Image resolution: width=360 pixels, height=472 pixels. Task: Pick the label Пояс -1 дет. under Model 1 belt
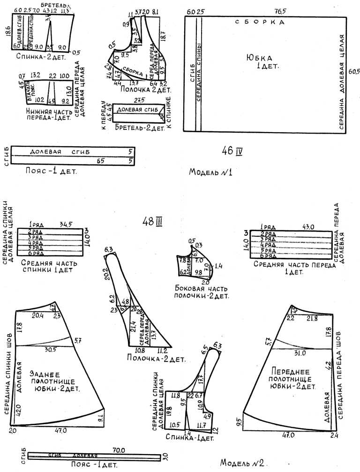pyautogui.click(x=51, y=171)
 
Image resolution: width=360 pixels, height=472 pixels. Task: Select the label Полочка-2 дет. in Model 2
pyautogui.click(x=156, y=359)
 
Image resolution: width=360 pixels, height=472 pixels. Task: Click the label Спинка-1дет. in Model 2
pyautogui.click(x=189, y=438)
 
